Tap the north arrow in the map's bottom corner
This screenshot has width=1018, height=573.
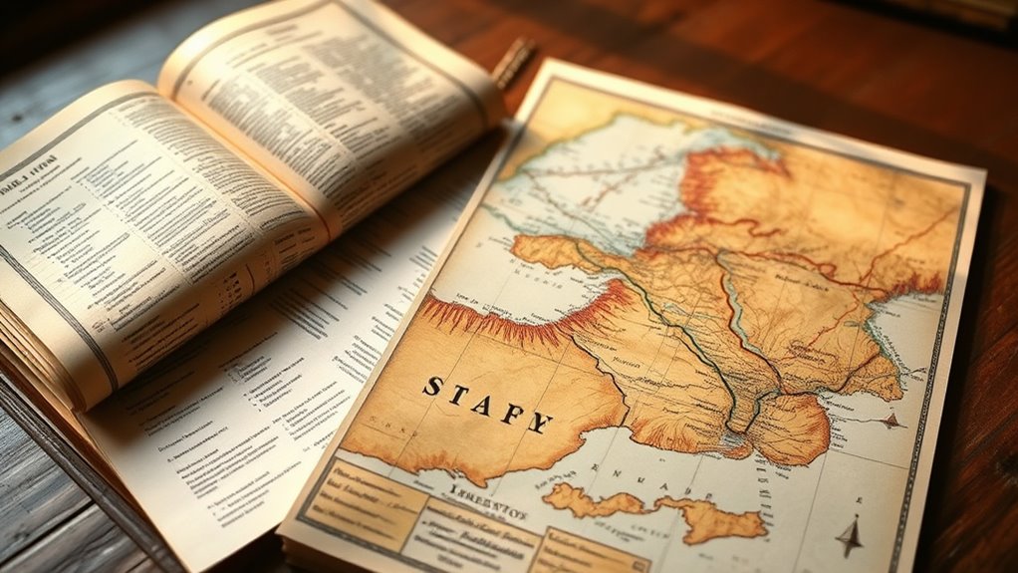(849, 535)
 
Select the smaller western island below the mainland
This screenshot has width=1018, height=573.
(583, 499)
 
